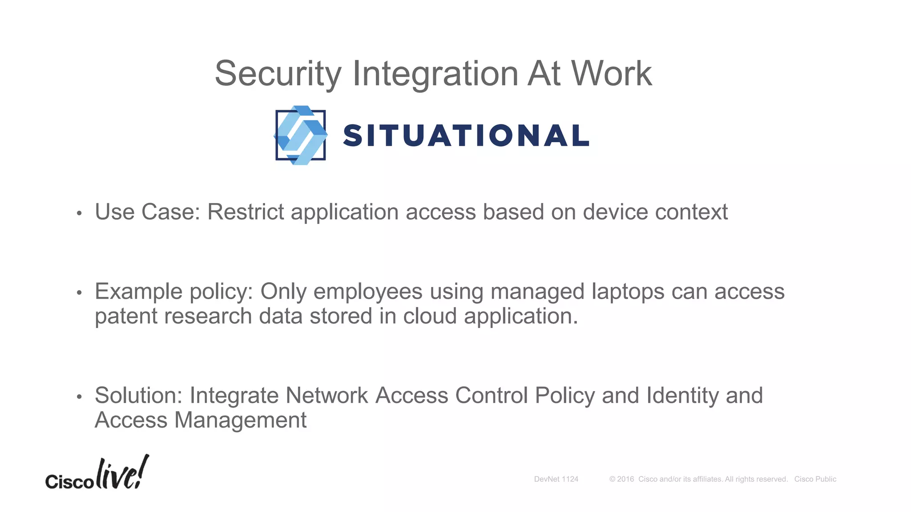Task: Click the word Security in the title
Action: point(278,74)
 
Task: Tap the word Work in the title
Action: point(612,74)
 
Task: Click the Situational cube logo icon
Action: point(301,135)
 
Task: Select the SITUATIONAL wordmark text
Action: point(466,136)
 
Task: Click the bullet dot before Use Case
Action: point(79,213)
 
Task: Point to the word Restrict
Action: point(246,212)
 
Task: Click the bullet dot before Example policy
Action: point(79,293)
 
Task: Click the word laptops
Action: point(628,292)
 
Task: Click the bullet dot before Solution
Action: point(79,396)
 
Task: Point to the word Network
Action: point(327,396)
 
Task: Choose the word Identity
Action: point(682,396)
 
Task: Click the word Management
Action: point(240,420)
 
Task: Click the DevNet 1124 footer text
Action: point(556,479)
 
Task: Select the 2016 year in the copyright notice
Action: point(625,479)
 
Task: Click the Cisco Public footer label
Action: point(815,479)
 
